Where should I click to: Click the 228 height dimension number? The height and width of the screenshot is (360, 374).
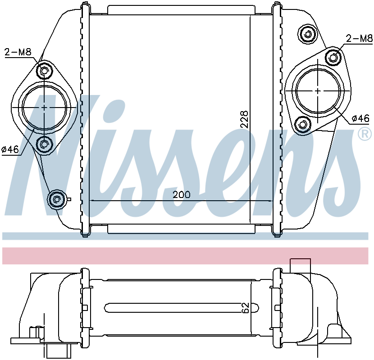(245, 119)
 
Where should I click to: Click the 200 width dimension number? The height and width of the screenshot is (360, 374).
(182, 195)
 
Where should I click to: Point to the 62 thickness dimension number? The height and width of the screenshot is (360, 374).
(246, 308)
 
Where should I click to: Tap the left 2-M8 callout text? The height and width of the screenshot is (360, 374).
(18, 52)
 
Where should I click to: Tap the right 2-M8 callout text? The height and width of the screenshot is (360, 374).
(359, 38)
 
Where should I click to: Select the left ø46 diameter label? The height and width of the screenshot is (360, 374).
(10, 149)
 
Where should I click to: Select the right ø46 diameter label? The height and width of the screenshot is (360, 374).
(360, 118)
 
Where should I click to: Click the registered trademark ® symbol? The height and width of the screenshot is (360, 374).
(365, 134)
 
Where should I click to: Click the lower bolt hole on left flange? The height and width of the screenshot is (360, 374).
(44, 144)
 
